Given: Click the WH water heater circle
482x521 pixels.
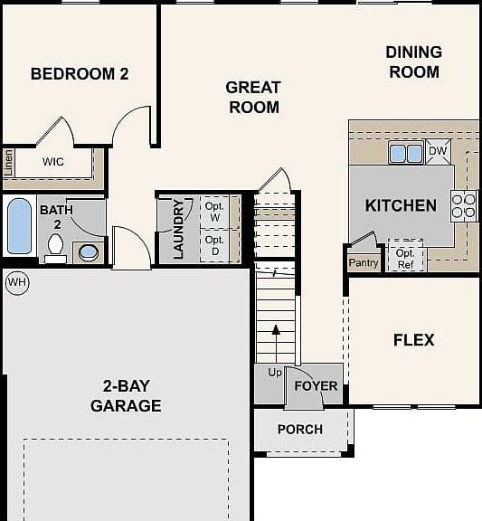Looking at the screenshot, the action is point(17,283).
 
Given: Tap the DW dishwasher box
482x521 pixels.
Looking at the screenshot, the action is point(439,152).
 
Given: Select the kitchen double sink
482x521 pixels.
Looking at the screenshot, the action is point(406,153).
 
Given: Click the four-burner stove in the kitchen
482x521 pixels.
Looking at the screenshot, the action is point(464,206).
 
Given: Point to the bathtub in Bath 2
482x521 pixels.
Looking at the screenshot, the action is point(19,226).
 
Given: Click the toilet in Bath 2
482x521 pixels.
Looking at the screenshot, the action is point(55,248).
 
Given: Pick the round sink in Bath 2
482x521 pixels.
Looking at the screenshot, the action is point(89,252).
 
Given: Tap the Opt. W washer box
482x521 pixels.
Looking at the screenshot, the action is point(215,212).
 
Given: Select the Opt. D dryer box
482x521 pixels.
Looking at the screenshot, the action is point(215,245).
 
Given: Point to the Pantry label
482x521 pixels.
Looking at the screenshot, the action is point(364,263).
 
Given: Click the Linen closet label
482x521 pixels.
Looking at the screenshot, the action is point(9,163).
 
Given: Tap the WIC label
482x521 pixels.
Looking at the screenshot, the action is point(53,162).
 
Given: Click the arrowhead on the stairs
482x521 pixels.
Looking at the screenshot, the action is point(276,329).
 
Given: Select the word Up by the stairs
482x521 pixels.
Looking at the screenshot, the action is point(275,373).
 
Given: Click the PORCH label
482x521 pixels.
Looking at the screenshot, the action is point(300,430).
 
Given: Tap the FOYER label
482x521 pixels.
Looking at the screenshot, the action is point(316,386).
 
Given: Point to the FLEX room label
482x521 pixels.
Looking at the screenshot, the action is point(414,340).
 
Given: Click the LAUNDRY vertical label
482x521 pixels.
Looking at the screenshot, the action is point(178,229).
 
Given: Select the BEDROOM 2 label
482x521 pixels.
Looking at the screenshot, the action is point(80,74).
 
